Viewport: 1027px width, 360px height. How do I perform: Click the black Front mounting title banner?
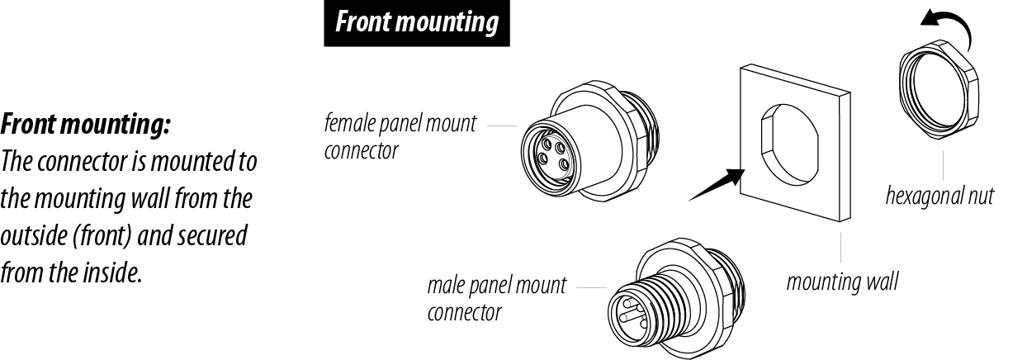coord(418,23)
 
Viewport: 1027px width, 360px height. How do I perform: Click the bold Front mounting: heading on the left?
coord(86,126)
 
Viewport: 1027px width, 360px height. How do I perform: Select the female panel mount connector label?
coord(400,137)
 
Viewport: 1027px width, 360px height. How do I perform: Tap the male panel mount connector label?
coord(497,299)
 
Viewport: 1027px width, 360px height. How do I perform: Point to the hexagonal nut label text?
coord(939,197)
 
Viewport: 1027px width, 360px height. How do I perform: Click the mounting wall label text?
coord(842,282)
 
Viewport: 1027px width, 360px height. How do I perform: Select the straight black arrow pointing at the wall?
coord(714,184)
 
